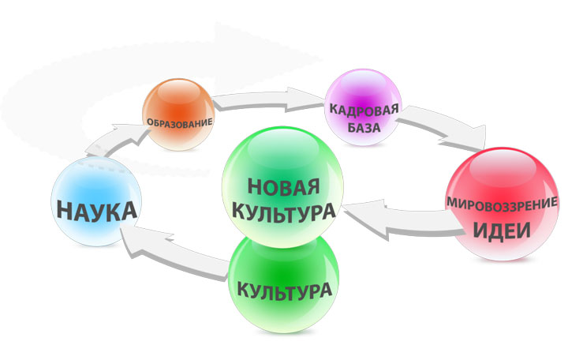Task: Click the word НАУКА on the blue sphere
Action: (x=97, y=211)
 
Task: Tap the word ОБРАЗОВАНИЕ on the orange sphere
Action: (x=179, y=122)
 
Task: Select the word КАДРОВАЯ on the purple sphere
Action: (x=364, y=110)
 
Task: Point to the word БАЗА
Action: (x=364, y=128)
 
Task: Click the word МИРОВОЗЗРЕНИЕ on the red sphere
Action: (x=502, y=203)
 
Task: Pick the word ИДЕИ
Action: (x=502, y=231)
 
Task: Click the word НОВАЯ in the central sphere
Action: (x=283, y=187)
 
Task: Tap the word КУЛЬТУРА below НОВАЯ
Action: (x=283, y=213)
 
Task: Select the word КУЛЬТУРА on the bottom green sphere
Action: (x=284, y=290)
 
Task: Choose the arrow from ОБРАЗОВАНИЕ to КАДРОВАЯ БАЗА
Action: (x=268, y=99)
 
